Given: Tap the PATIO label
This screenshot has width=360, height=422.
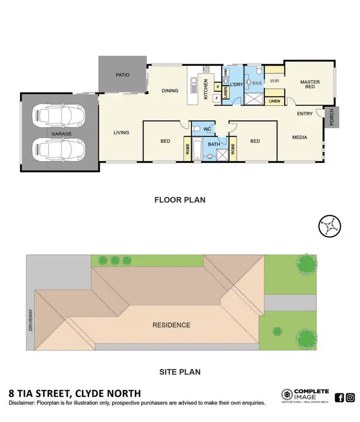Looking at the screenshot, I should [122, 75].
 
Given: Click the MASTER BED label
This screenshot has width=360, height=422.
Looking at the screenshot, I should [310, 85].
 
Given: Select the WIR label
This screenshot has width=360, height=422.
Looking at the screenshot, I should [275, 81].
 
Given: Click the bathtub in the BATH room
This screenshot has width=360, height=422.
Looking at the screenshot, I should [197, 150].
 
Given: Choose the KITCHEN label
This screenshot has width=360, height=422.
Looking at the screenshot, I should [206, 89].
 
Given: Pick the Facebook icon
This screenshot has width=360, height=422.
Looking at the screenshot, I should [339, 397].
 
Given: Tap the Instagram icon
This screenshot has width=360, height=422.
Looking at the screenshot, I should [350, 397].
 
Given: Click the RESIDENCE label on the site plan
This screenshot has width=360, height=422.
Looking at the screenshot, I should [171, 325].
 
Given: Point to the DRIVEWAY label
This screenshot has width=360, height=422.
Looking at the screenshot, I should [30, 320].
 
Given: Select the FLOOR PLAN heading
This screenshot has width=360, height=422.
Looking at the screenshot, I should [180, 199].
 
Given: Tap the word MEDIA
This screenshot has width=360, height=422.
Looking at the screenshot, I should [300, 138].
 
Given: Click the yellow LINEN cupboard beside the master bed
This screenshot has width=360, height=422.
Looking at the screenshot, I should [275, 101].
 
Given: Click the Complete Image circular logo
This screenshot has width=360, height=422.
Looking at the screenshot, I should [288, 395].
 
